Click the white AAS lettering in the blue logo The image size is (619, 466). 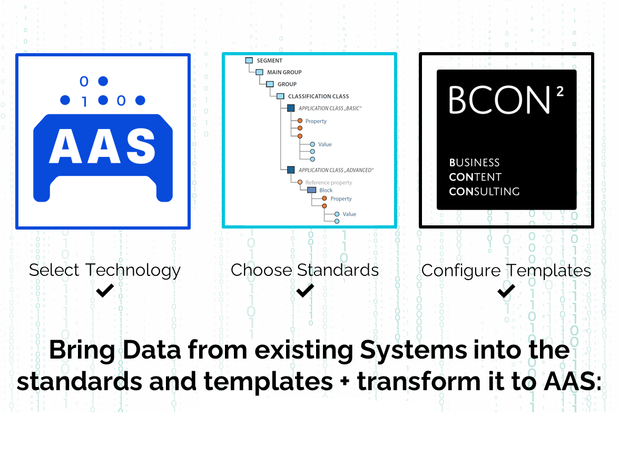(x=102, y=146)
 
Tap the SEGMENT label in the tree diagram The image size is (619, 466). (x=270, y=61)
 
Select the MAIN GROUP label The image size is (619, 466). (x=284, y=72)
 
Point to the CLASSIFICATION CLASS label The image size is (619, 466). (x=319, y=96)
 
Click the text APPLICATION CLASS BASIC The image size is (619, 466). (x=330, y=108)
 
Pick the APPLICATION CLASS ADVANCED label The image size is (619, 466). (x=336, y=170)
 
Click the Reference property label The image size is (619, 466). (x=329, y=182)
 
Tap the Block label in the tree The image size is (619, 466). (x=326, y=190)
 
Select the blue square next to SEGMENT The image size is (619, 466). (x=249, y=61)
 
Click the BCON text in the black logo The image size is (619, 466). (x=499, y=100)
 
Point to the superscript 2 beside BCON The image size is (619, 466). (x=560, y=92)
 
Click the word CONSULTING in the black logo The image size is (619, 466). (x=484, y=191)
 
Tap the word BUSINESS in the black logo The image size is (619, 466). (x=475, y=163)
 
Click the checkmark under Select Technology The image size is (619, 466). (x=105, y=291)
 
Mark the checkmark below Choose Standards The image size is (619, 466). (x=305, y=291)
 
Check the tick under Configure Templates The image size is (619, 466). (x=506, y=291)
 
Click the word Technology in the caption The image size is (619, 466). (x=133, y=271)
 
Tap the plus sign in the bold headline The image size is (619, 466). (x=346, y=382)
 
